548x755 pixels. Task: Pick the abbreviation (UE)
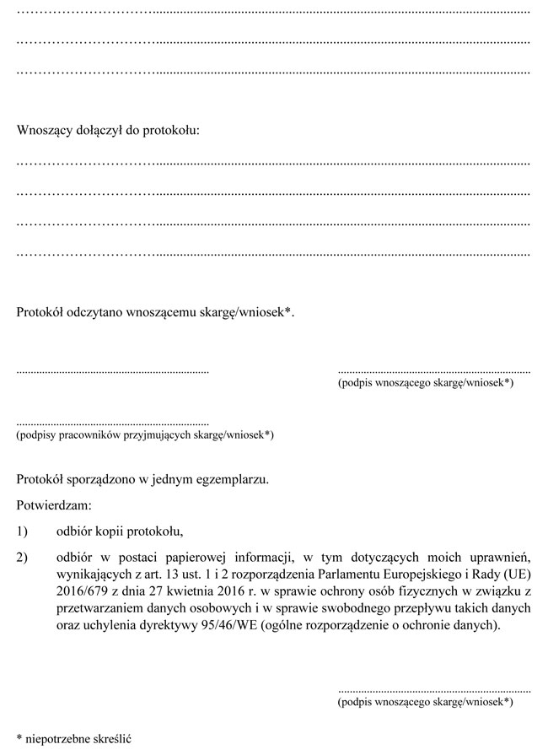[515, 574]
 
